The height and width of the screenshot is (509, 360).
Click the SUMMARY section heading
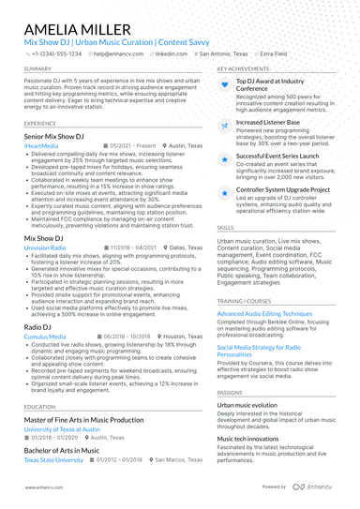pos(38,69)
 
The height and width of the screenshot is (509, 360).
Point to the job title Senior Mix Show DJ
pos(53,137)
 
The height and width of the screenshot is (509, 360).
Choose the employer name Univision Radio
pos(45,247)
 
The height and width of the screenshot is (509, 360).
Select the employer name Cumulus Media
pos(45,335)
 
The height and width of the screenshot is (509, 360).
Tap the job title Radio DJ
pos(39,325)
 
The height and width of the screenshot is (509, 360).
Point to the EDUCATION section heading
pos(40,407)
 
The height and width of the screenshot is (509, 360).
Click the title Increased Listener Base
pos(267,122)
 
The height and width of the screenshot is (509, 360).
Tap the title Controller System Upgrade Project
pos(281,189)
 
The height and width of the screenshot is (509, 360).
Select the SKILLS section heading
pos(226,228)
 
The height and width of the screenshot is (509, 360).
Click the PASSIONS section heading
pos(230,393)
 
